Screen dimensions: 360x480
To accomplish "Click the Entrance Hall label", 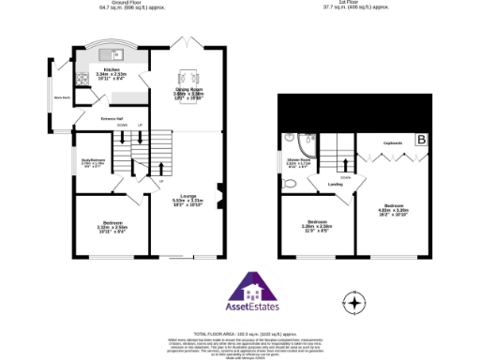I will click(114, 118).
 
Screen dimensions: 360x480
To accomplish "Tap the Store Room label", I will click(63, 97).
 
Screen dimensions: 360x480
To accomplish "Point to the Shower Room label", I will click(298, 161).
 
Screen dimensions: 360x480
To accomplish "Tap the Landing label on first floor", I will click(335, 184).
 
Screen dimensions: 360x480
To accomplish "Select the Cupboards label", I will click(394, 143).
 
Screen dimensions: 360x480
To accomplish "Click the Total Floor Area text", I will click(239, 334).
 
